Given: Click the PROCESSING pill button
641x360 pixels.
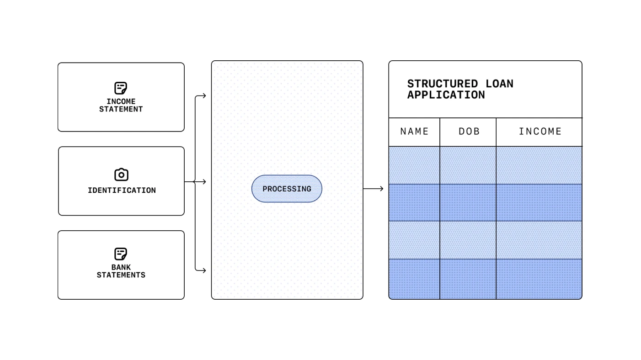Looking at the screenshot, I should pyautogui.click(x=287, y=189).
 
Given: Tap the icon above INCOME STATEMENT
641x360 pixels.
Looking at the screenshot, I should pyautogui.click(x=121, y=88).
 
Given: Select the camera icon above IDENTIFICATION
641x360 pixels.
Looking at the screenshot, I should pyautogui.click(x=121, y=175).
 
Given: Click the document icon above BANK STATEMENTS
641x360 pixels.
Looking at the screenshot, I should pyautogui.click(x=121, y=254).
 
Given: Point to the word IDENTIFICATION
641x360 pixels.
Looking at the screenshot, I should pyautogui.click(x=122, y=191).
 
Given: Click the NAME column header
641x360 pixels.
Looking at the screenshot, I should pyautogui.click(x=414, y=132).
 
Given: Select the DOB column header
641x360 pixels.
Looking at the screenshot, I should pyautogui.click(x=469, y=132).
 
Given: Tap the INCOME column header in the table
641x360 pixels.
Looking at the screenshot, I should pyautogui.click(x=540, y=132).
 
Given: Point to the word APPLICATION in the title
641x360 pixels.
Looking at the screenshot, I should pyautogui.click(x=446, y=95).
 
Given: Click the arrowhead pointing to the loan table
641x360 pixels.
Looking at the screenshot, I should pyautogui.click(x=381, y=189).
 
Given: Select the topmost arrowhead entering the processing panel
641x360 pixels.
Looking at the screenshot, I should pyautogui.click(x=203, y=96).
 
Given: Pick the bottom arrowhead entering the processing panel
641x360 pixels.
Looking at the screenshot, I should pyautogui.click(x=203, y=270).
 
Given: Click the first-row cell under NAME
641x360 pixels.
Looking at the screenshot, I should pyautogui.click(x=414, y=165).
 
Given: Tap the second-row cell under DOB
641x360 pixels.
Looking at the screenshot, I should pyautogui.click(x=468, y=202).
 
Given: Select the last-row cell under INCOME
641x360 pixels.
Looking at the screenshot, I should pyautogui.click(x=539, y=279).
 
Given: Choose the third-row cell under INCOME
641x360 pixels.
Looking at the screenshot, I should pyautogui.click(x=539, y=240).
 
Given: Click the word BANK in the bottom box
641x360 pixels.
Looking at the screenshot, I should pyautogui.click(x=121, y=267).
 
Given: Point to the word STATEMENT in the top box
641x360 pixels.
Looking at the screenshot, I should pyautogui.click(x=121, y=109).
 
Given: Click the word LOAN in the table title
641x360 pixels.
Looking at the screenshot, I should pyautogui.click(x=499, y=84).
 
